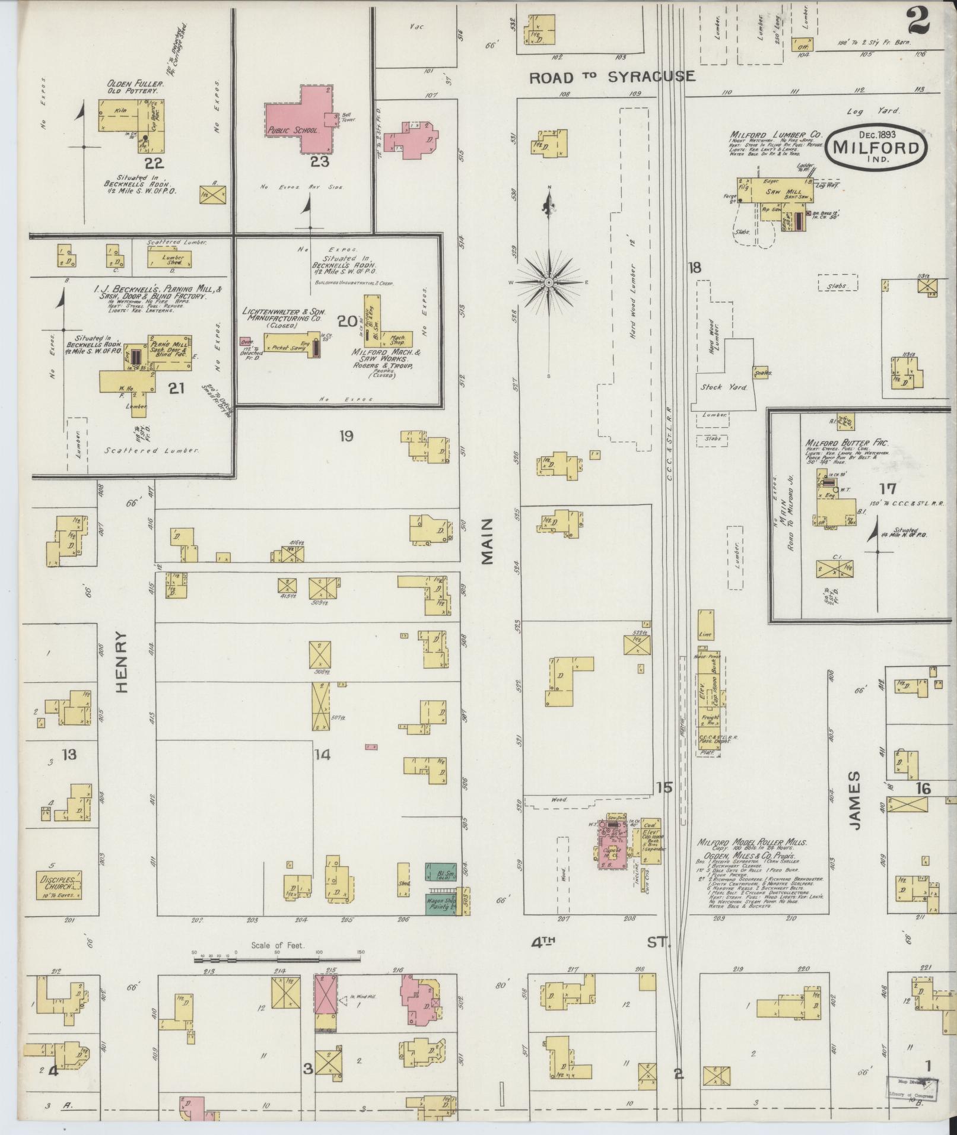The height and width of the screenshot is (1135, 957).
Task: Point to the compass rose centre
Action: click(549, 282)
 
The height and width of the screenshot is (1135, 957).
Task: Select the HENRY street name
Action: click(122, 661)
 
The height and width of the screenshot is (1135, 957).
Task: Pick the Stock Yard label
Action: click(719, 387)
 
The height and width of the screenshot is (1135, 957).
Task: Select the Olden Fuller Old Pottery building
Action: click(131, 123)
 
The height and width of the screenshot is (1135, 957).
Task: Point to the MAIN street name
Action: click(488, 541)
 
